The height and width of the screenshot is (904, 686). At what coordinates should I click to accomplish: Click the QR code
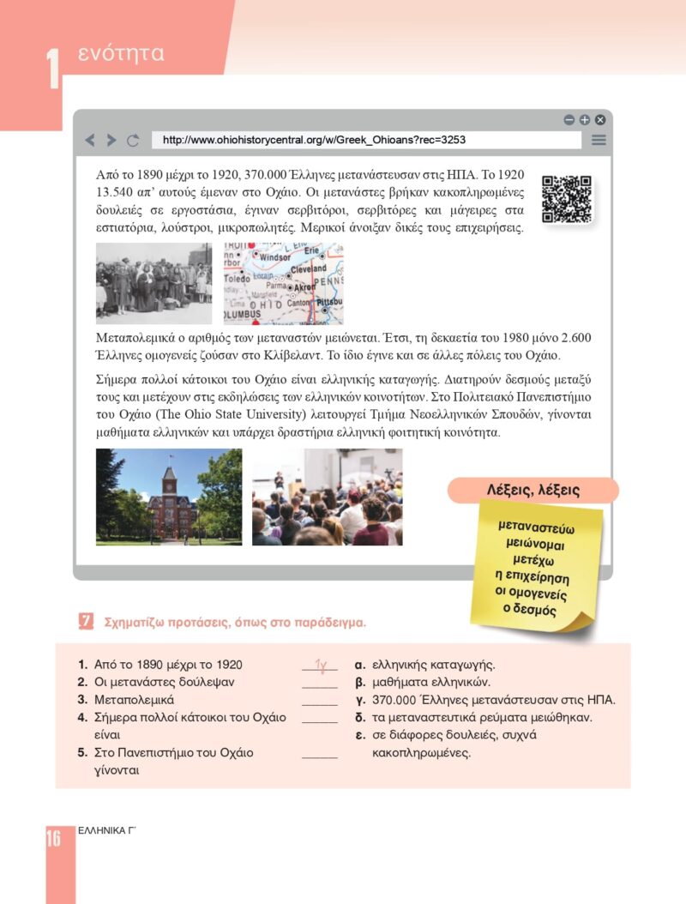point(567,200)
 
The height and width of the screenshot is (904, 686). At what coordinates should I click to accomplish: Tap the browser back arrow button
point(90,140)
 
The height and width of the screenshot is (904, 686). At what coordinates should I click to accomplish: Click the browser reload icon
point(133,140)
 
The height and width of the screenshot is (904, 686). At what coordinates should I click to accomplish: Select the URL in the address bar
point(314,140)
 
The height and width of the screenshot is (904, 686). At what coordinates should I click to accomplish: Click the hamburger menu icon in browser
point(599,140)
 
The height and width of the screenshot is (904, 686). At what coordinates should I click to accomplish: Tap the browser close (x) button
point(600,120)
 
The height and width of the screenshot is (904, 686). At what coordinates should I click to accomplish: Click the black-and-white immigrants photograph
point(153,283)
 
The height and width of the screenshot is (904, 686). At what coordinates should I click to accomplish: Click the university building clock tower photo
point(169,497)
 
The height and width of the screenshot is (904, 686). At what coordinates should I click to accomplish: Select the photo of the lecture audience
point(327,497)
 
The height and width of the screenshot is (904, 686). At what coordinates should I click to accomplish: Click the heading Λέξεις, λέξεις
point(533,491)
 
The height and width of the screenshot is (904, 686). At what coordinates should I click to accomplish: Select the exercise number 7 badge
point(85,621)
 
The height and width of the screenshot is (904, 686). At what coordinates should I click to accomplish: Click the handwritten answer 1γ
point(321,664)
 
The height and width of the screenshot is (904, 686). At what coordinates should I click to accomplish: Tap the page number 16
point(53,838)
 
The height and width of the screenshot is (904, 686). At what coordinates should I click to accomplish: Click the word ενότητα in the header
point(121,54)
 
